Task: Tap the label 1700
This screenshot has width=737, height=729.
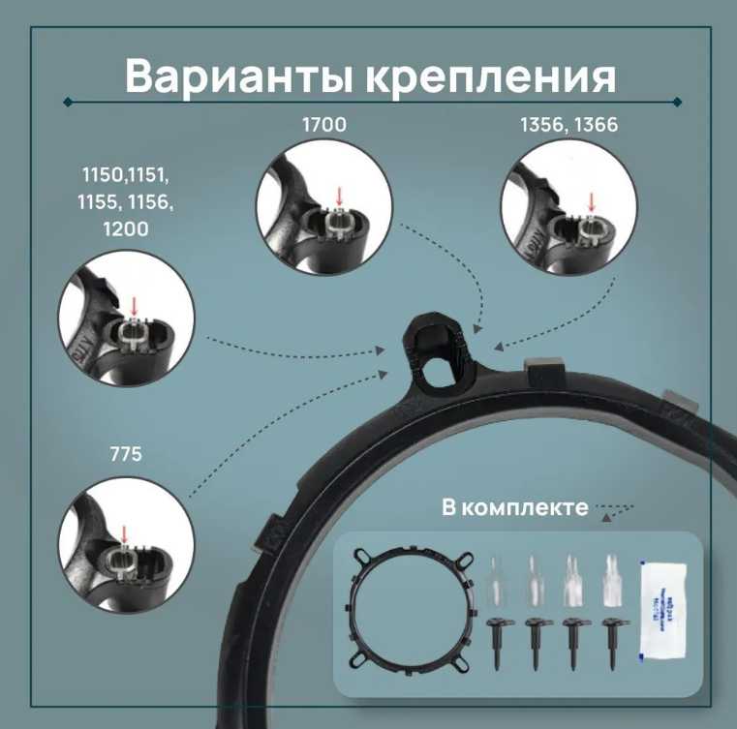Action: point(324,125)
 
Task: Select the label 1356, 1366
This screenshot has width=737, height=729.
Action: point(568,125)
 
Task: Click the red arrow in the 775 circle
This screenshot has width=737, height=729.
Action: point(125,532)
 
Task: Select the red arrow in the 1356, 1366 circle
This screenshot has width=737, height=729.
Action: point(593,200)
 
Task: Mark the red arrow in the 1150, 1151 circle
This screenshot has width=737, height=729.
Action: point(134,307)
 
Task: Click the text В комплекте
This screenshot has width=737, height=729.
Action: point(514,507)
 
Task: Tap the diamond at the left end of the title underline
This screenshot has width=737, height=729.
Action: point(67,101)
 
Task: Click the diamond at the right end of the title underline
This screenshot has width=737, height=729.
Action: point(677,101)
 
